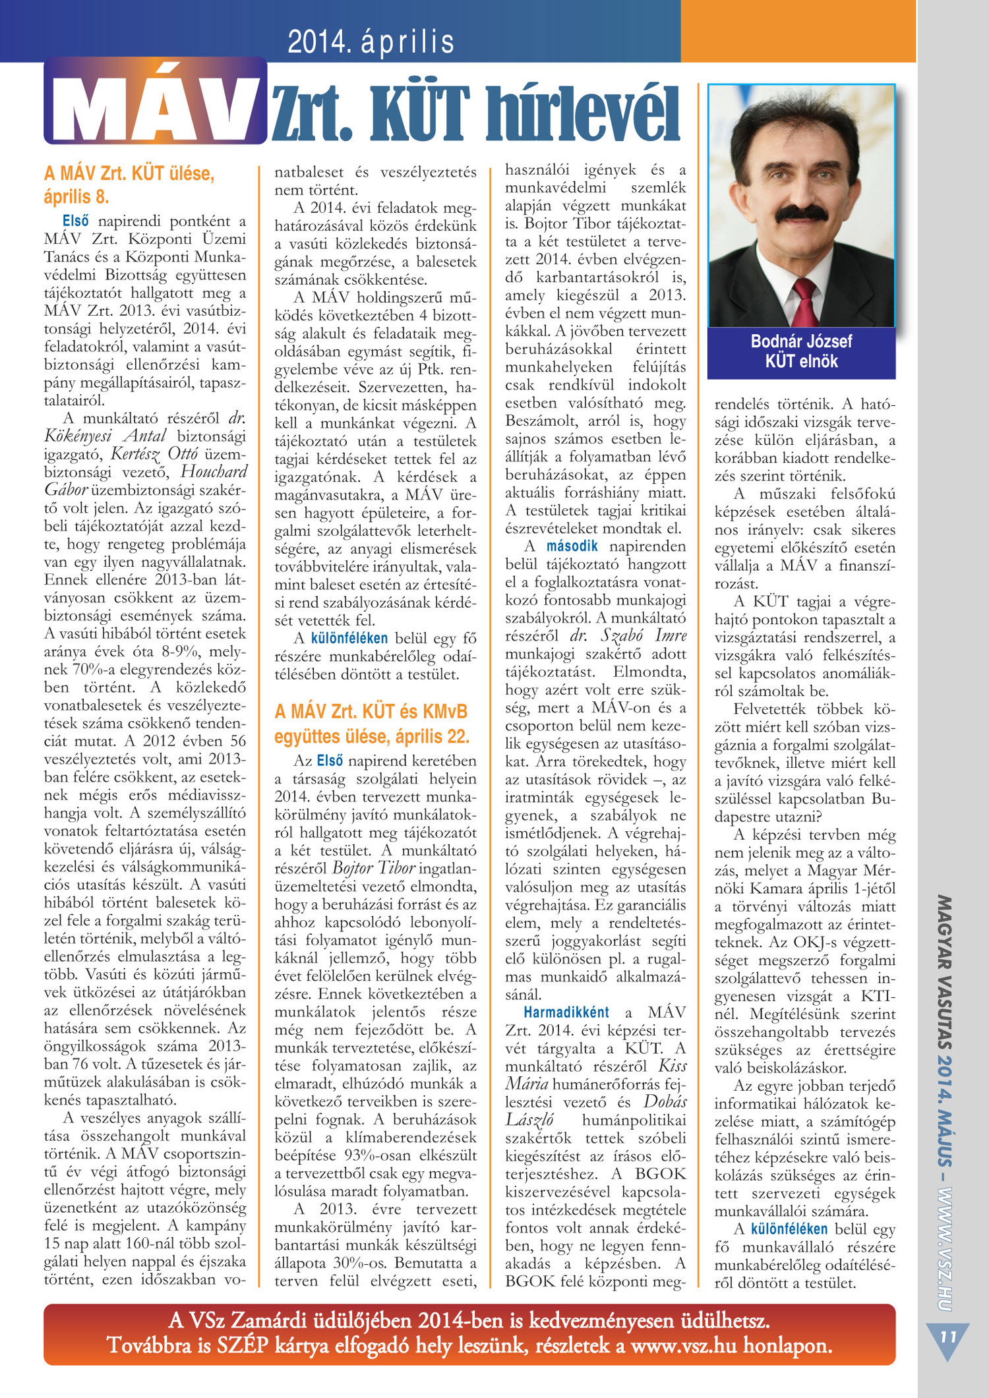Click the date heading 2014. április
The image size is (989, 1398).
[371, 42]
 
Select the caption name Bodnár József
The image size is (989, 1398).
[801, 341]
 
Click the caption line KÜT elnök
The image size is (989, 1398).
[801, 361]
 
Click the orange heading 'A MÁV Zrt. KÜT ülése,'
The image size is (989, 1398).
[129, 174]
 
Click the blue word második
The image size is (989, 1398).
[572, 546]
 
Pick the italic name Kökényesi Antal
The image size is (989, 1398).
[105, 436]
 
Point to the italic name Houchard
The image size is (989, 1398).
[214, 472]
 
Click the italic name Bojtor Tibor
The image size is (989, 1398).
[373, 868]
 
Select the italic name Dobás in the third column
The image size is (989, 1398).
[665, 1102]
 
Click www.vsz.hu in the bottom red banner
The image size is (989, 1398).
[683, 1346]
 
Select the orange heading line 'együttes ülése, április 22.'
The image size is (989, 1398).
[372, 736]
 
